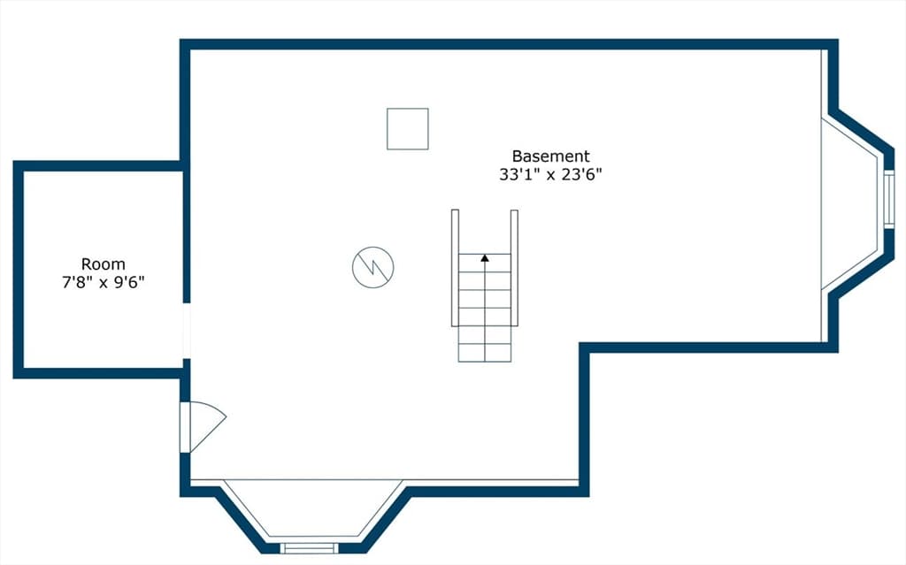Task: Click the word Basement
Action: (550, 156)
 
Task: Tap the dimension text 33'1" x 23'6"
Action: (550, 174)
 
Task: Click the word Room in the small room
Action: (103, 264)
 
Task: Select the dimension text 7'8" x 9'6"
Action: (103, 283)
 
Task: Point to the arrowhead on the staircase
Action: (485, 257)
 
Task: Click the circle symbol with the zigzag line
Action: (372, 268)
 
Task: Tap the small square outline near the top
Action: (407, 129)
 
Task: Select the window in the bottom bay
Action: (309, 548)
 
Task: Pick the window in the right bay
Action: (888, 199)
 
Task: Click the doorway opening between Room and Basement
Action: (186, 331)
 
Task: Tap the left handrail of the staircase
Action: (455, 268)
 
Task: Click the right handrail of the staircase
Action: (514, 268)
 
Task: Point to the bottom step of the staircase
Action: (485, 353)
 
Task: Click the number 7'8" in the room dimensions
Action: (77, 283)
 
